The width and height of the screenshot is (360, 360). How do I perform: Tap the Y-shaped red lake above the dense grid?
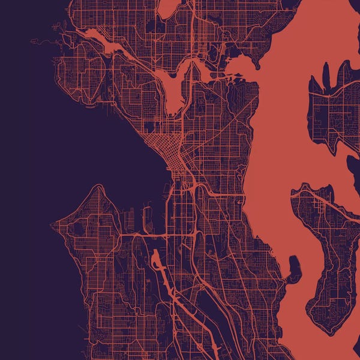click(174, 90)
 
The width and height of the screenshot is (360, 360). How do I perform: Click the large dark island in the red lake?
click(327, 252)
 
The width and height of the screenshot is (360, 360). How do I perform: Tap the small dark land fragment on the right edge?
click(354, 165)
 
